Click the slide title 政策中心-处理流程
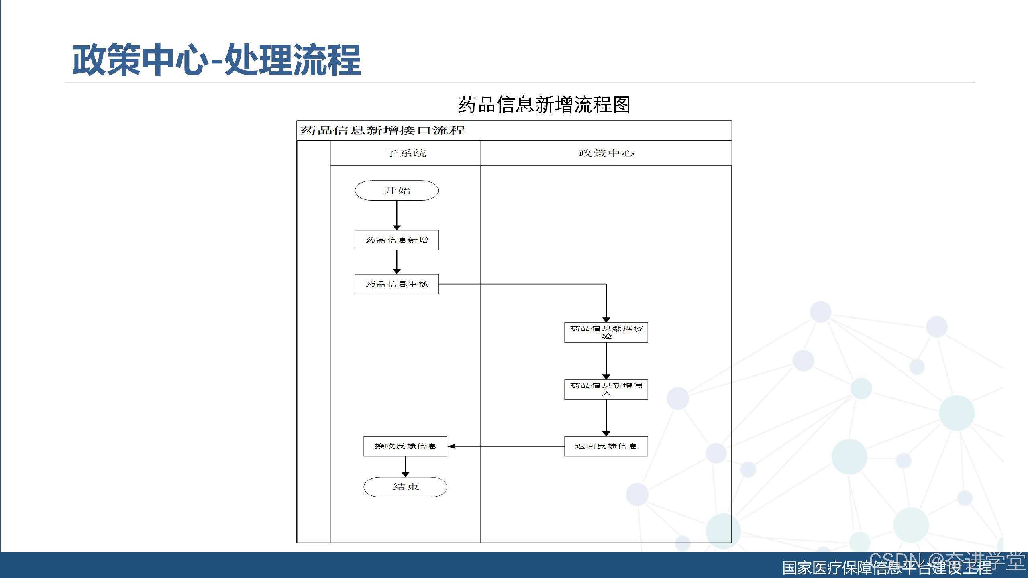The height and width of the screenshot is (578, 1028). pos(217,60)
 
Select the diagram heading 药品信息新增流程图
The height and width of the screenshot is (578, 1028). pos(544,105)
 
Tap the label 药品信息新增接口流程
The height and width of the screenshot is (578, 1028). pos(383,130)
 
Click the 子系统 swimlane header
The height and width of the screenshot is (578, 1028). pos(406,153)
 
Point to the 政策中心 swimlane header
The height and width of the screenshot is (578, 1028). pos(606,153)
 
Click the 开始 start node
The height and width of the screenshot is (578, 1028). pos(397,190)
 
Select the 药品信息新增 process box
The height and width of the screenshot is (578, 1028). pos(397,240)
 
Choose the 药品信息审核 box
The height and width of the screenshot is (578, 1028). pos(397,284)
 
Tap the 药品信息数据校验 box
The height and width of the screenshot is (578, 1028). pos(606,332)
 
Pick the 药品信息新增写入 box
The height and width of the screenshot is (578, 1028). pos(606,389)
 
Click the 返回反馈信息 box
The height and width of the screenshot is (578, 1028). pos(606,446)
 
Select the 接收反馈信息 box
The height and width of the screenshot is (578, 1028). pos(405,446)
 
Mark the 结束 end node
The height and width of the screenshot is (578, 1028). pos(405,487)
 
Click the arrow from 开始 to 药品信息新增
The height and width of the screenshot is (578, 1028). pos(397,215)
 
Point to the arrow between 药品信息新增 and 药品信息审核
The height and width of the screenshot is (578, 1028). pos(397,262)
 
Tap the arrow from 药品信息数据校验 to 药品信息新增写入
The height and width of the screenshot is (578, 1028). pos(606,361)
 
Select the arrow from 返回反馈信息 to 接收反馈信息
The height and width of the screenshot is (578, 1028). pos(506,446)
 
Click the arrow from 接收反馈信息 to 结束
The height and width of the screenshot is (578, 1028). pos(405,466)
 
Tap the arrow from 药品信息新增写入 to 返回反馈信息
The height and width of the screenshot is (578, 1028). pos(606,418)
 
